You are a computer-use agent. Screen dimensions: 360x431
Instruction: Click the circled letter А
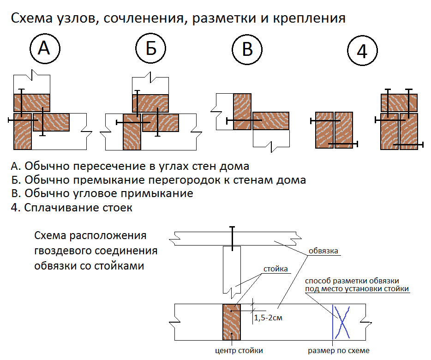[x=44, y=48]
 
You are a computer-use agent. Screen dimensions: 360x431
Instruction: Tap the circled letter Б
[x=151, y=48]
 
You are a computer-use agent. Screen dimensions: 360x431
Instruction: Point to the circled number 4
[x=362, y=51]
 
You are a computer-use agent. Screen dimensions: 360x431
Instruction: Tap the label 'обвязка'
[x=324, y=251]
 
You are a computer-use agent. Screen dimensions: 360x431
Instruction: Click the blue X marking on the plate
[x=342, y=322]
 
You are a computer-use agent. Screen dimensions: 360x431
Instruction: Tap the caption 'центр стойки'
[x=233, y=351]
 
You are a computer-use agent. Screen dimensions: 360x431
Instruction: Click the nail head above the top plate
[x=232, y=228]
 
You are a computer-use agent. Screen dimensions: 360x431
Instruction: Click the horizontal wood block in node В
[x=271, y=121]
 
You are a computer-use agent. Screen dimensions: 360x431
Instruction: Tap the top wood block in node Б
[x=151, y=103]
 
